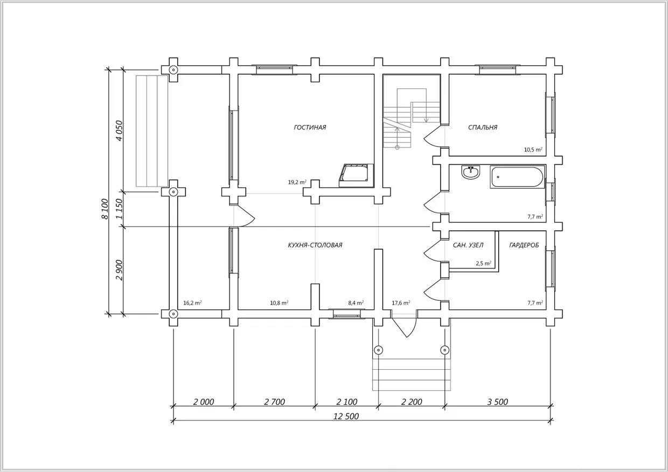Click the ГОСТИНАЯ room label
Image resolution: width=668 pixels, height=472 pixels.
310,128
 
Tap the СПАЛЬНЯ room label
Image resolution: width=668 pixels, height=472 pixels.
483,128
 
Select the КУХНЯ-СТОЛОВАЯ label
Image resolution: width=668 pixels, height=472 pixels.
315,245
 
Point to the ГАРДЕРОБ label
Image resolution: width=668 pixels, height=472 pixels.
524,245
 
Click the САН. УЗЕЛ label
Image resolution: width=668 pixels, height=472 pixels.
468,245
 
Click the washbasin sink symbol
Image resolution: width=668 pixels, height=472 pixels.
471,172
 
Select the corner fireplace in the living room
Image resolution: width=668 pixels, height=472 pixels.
357,175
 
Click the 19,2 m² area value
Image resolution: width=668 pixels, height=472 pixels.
297,182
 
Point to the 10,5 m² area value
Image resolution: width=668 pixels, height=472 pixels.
533,150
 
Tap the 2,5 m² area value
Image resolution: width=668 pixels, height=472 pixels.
484,263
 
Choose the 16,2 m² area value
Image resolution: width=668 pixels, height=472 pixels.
192,303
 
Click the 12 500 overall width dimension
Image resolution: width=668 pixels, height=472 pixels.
346,416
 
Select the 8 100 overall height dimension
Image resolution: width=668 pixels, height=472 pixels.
105,209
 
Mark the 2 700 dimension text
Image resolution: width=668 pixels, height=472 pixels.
274,402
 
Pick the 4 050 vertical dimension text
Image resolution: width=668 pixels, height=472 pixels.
119,131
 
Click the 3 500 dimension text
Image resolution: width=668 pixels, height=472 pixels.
497,402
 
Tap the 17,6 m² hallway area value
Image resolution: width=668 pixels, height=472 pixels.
401,303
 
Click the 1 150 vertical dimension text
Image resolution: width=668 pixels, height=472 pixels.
119,209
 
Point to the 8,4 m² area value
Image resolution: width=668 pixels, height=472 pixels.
356,303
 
